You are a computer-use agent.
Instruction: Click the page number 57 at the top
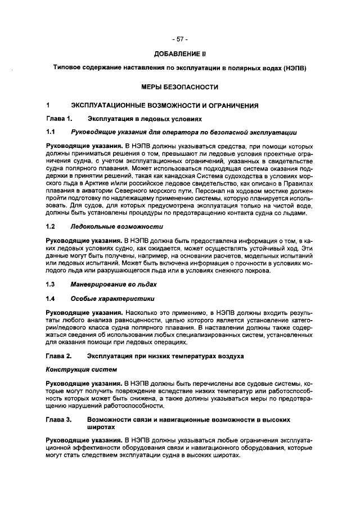click(180, 39)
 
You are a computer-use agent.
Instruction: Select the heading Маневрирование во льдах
click(114, 284)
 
